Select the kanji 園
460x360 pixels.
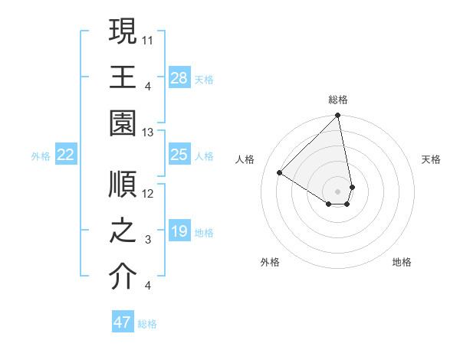coord(123,124)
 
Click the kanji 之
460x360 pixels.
coord(123,231)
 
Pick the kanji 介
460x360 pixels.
coord(123,278)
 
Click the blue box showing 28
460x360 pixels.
coord(179,77)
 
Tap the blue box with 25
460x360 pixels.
coord(179,155)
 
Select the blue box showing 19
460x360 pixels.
coord(179,232)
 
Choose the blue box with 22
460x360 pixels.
coord(66,155)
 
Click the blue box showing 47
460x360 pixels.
coord(123,322)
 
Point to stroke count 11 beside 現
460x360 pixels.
coord(149,38)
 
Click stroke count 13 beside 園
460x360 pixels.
coord(149,133)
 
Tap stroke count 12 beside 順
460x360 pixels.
coord(149,193)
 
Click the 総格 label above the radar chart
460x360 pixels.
coord(338,100)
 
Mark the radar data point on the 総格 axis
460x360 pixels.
coord(337,116)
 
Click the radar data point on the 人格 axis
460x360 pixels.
coord(280,173)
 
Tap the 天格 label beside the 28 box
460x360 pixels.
coord(204,78)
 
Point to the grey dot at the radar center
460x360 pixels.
coord(337,191)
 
